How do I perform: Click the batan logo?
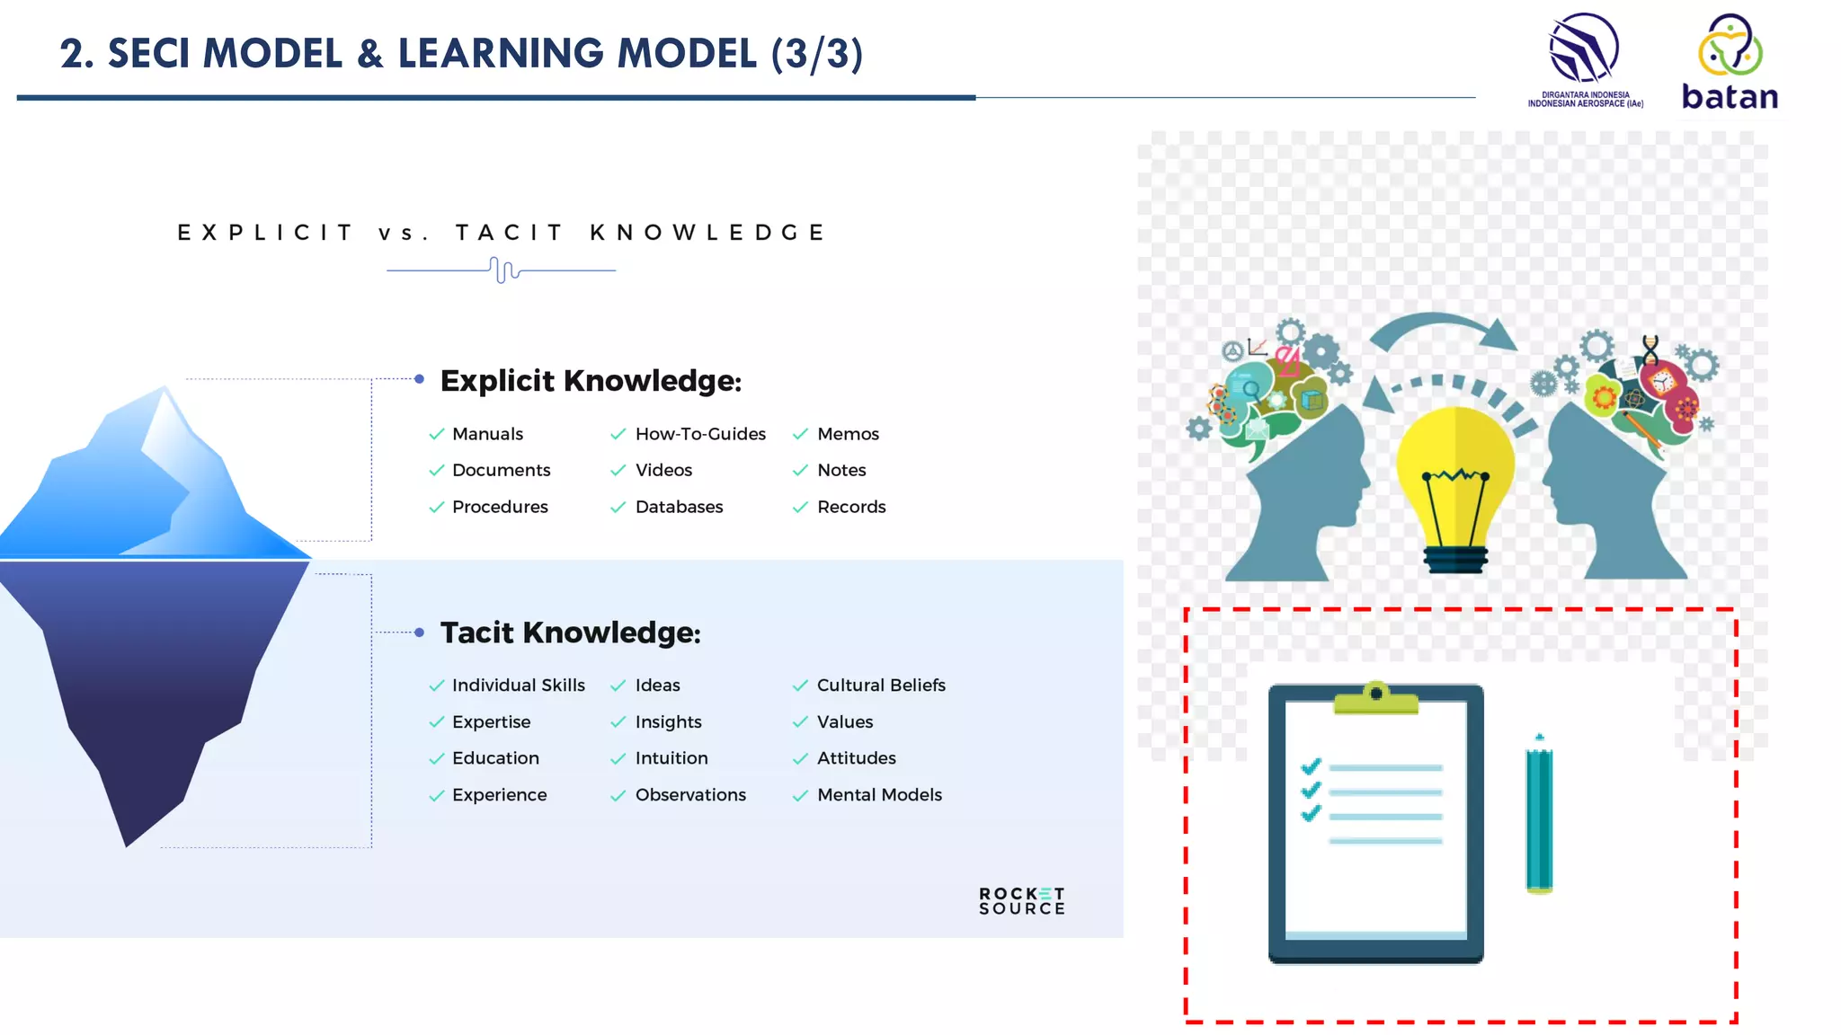[x=1730, y=63]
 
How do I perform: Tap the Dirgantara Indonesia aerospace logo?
[x=1585, y=59]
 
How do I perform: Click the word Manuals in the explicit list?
[x=487, y=434]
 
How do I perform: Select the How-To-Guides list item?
[x=700, y=434]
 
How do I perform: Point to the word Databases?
[x=679, y=507]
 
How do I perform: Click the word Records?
[x=851, y=507]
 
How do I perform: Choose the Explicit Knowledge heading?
[x=591, y=381]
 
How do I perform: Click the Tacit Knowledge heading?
[x=570, y=632]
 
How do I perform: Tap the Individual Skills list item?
[x=518, y=686]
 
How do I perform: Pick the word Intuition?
[x=671, y=758]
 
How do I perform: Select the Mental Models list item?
[x=879, y=795]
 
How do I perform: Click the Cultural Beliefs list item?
[x=881, y=686]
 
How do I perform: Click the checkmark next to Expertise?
[x=437, y=722]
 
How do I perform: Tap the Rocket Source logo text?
[x=1022, y=901]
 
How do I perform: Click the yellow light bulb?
[x=1455, y=476]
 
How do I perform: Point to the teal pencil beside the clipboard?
[x=1539, y=813]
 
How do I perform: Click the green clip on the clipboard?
[x=1375, y=699]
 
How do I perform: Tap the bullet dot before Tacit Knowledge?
[x=419, y=632]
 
